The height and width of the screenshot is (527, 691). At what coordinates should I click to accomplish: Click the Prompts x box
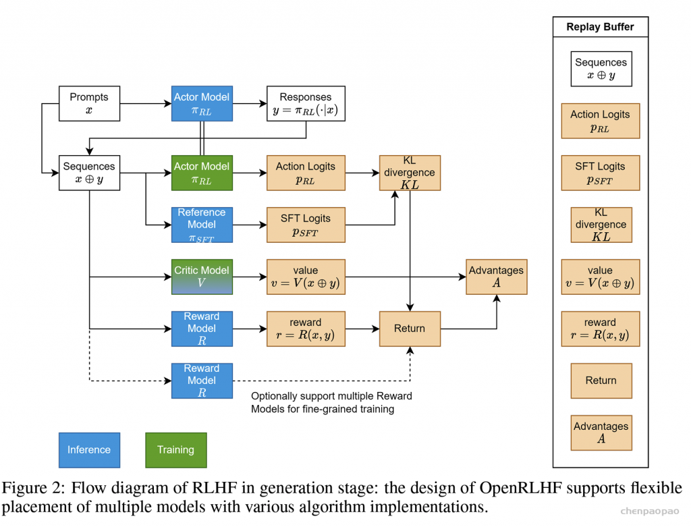[90, 103]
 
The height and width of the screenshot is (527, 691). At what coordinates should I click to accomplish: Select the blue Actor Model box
[202, 103]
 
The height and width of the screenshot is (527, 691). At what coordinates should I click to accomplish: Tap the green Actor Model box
[202, 173]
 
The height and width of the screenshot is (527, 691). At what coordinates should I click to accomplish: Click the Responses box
[306, 103]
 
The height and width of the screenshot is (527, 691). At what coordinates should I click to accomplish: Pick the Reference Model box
[202, 225]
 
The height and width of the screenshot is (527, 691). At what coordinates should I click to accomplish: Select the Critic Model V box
[202, 277]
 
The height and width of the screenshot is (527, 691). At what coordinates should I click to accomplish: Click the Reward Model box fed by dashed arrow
[202, 381]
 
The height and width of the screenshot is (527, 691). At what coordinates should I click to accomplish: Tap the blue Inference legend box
[90, 450]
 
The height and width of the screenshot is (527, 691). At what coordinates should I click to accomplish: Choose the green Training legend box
[176, 450]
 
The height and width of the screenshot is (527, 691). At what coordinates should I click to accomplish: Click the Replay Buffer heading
[600, 27]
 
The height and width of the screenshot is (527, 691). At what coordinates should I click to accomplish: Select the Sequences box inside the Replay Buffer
[601, 69]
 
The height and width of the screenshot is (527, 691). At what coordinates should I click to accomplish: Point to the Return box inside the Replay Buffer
[601, 381]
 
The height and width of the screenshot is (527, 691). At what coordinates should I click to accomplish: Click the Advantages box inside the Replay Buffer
[601, 433]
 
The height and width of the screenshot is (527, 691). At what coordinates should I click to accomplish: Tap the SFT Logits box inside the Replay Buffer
[600, 173]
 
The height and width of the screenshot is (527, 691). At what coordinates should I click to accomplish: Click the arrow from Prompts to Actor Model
[146, 103]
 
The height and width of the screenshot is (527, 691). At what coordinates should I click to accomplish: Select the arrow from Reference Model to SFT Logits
[250, 225]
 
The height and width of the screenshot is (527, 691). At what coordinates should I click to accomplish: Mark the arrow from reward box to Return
[362, 329]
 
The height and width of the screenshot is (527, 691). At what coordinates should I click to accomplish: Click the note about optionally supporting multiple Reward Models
[331, 402]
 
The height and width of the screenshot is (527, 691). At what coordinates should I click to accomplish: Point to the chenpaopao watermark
[650, 511]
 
